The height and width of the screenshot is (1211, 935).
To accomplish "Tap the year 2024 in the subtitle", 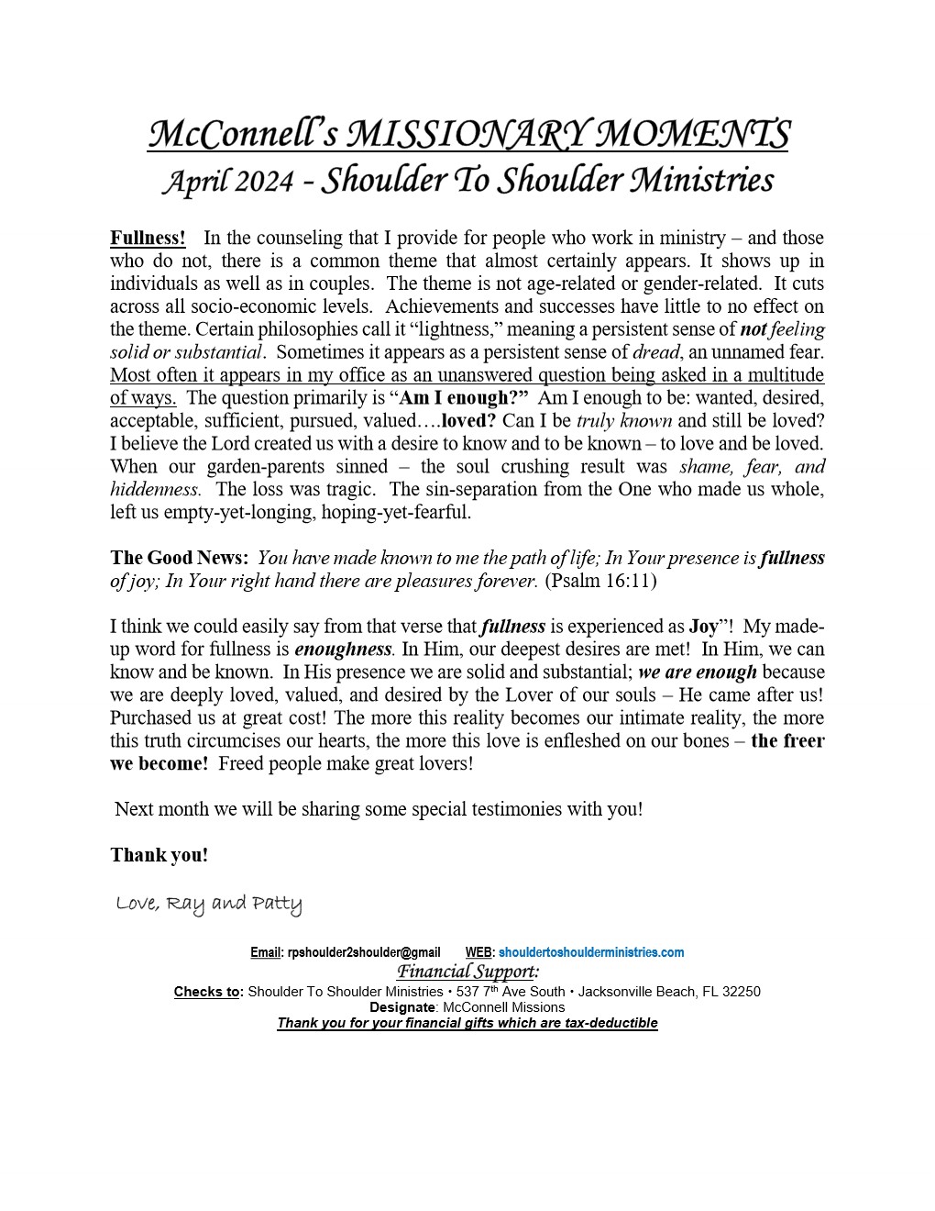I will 263,181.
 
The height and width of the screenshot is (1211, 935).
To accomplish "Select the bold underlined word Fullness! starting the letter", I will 148,239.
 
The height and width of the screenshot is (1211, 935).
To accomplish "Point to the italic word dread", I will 657,352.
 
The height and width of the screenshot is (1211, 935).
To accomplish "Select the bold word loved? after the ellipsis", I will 469,421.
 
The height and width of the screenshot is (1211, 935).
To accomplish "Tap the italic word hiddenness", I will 154,490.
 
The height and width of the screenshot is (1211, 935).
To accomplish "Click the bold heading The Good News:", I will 179,559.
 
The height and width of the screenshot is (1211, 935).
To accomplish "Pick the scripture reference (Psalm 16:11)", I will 601,582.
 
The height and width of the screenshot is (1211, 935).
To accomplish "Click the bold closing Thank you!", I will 159,856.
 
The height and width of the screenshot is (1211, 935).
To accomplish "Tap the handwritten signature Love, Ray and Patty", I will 209,905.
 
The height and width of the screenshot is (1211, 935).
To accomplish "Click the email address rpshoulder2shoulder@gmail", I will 364,953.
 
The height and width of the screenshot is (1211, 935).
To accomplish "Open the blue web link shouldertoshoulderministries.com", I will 591,953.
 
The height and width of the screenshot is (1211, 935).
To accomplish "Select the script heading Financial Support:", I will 467,972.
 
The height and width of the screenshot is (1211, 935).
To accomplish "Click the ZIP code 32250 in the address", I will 742,992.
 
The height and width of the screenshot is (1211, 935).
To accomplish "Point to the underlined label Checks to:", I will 208,992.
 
